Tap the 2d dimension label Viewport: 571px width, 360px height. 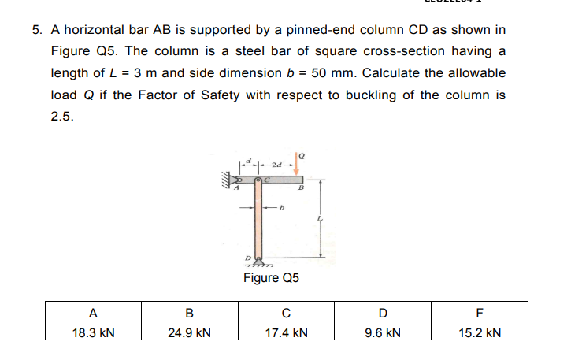276,165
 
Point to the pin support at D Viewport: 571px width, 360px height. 259,262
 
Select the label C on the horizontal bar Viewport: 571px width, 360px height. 267,180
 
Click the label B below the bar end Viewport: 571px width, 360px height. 301,187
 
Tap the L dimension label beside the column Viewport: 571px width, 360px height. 320,218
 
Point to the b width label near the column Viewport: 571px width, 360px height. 281,208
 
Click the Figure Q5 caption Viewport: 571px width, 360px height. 271,277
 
